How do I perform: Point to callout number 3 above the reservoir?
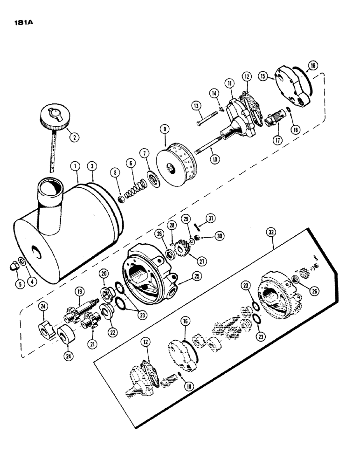[94, 166]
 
